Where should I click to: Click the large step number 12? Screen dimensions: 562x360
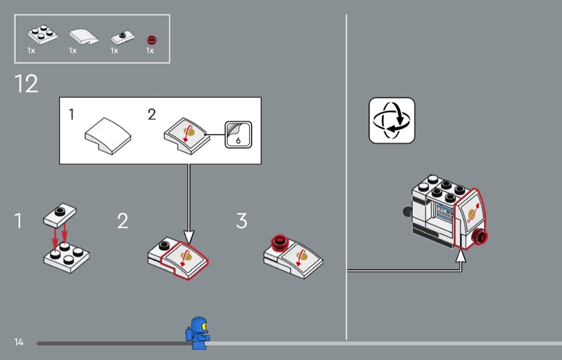click(26, 84)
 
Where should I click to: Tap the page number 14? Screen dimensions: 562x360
click(19, 342)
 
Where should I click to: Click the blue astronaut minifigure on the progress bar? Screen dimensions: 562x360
click(198, 333)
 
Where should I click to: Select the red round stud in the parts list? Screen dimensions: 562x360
click(151, 40)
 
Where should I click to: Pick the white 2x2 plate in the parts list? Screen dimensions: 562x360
click(43, 34)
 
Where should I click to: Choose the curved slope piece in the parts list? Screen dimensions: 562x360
click(84, 37)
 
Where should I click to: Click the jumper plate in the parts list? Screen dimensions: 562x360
click(123, 37)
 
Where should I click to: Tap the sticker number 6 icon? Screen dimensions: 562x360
click(238, 135)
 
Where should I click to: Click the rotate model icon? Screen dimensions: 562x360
click(392, 120)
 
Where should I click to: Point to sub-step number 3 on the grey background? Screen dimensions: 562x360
click(241, 221)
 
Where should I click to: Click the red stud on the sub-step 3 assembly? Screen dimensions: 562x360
click(279, 242)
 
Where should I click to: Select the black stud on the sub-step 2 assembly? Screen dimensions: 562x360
click(164, 246)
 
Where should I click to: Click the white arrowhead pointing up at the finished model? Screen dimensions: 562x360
click(461, 256)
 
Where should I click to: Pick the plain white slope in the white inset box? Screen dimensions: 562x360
click(108, 136)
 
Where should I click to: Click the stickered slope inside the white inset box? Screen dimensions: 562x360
click(187, 136)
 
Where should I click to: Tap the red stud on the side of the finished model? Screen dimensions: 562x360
click(480, 237)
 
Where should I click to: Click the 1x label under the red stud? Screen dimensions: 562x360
click(150, 51)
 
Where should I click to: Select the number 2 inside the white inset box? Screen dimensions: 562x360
click(152, 114)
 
